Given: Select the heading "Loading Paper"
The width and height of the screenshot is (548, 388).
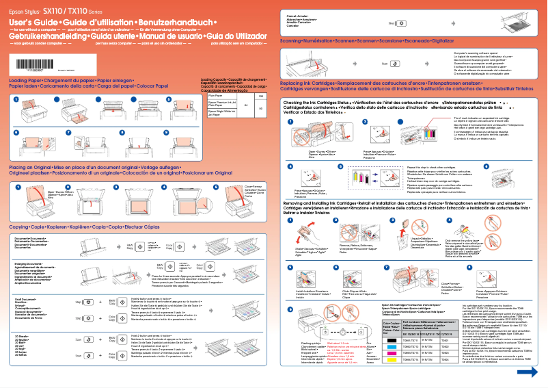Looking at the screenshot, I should (x=25, y=80).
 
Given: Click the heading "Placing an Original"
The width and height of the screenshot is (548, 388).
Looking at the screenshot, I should (x=28, y=148).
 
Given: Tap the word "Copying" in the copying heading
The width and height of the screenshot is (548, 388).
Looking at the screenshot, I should (x=18, y=207).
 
